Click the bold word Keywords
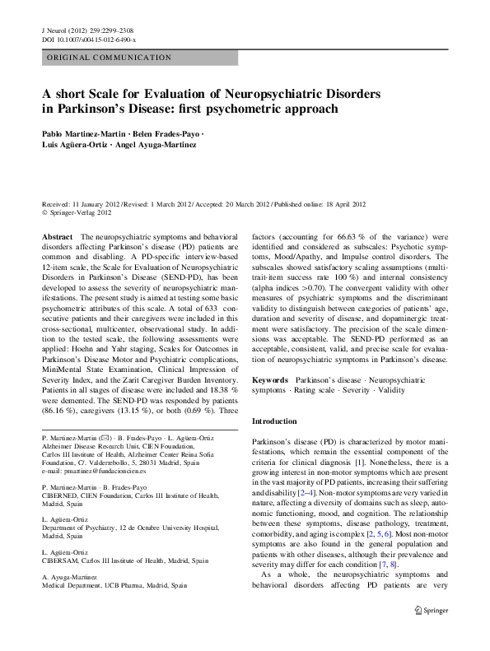(270, 380)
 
